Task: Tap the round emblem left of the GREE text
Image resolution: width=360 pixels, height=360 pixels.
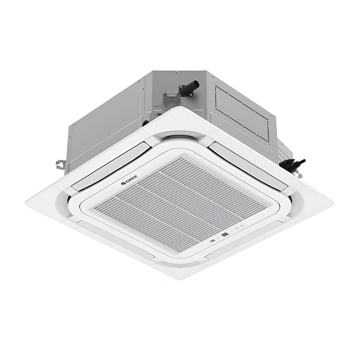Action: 123,183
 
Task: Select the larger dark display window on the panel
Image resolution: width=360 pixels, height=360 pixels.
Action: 225,234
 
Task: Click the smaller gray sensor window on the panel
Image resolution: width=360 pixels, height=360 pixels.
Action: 213,241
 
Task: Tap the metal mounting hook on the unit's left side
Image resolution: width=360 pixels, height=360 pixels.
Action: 60,164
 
